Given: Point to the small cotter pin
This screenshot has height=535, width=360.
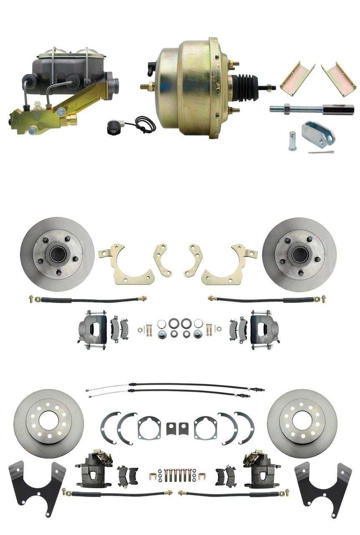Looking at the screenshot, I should (x=321, y=152).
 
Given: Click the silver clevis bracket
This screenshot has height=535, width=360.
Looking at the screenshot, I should (x=318, y=134).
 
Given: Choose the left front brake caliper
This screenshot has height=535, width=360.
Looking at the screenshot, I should (x=93, y=329).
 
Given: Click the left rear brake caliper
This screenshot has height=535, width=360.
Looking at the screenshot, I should (x=94, y=470).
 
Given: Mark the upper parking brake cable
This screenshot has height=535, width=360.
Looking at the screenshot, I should (x=175, y=385).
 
